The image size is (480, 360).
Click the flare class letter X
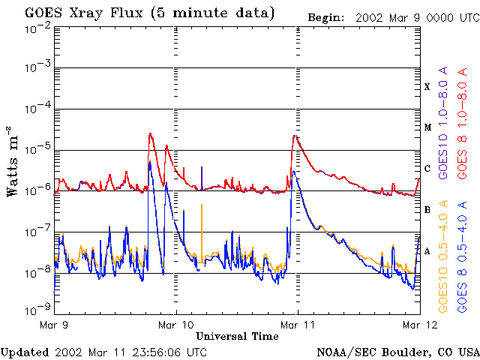[x=427, y=87]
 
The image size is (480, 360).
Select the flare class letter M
[x=427, y=127]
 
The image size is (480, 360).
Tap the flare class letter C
[x=427, y=169]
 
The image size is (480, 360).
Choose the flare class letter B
[x=427, y=210]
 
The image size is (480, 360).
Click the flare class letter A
[x=427, y=251]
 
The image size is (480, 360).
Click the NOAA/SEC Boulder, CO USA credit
[x=397, y=352]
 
